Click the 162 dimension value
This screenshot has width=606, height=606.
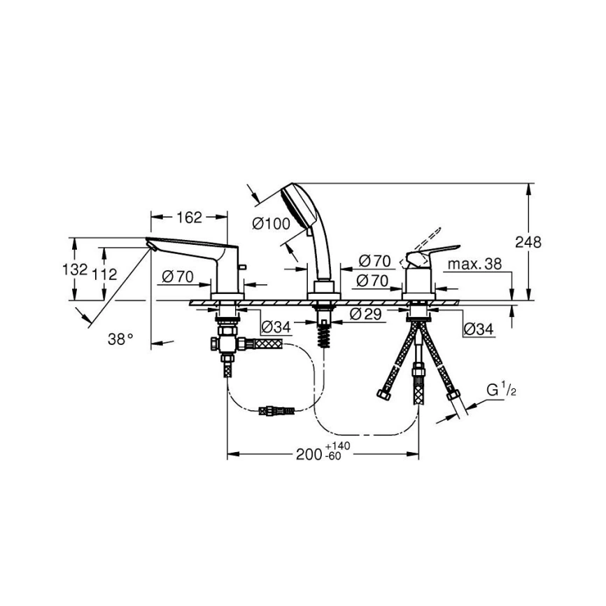point(190,218)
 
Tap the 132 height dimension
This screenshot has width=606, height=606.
point(75,269)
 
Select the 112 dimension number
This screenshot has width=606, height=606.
point(104,274)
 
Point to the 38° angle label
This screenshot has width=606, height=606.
point(120,339)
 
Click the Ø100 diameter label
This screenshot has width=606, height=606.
point(272,223)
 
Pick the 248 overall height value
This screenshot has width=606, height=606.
point(528,242)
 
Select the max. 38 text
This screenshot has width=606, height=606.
point(474,265)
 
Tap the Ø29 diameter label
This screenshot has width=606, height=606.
point(365,314)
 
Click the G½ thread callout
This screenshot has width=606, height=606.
point(501,390)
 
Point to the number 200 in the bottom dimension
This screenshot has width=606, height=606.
point(309,455)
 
